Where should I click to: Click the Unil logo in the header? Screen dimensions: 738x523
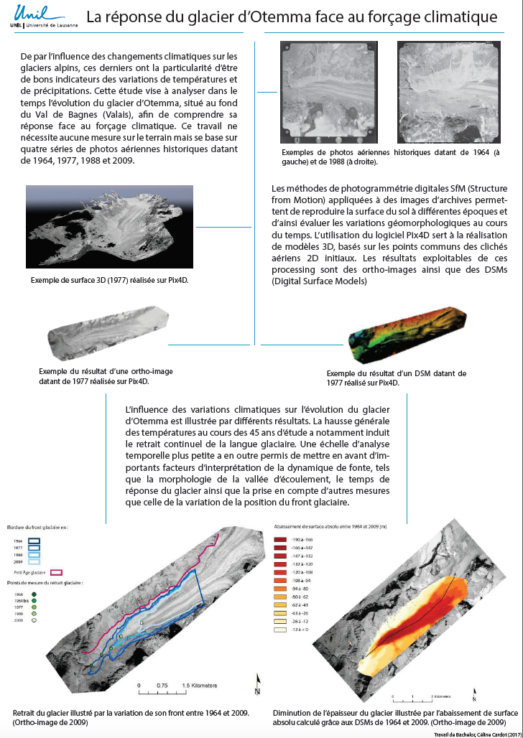pyautogui.click(x=29, y=16)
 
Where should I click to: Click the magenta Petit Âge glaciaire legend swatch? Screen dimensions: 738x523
pyautogui.click(x=56, y=572)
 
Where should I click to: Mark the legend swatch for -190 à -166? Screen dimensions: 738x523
pyautogui.click(x=281, y=538)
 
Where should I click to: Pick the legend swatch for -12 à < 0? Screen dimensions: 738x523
pyautogui.click(x=281, y=629)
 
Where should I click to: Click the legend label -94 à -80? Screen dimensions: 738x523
pyautogui.click(x=300, y=587)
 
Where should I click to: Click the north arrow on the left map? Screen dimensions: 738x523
pyautogui.click(x=256, y=683)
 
